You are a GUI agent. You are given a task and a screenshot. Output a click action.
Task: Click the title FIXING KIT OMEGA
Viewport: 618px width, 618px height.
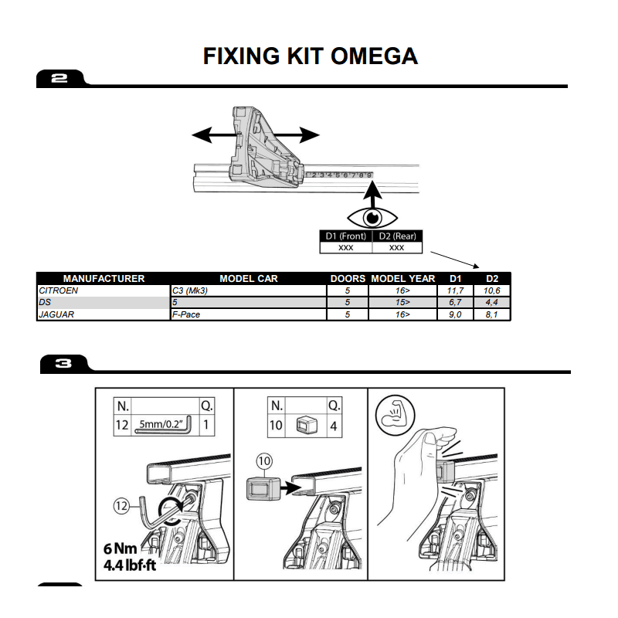pyautogui.click(x=310, y=56)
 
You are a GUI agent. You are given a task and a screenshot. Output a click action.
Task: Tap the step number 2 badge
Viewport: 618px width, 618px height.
pyautogui.click(x=60, y=78)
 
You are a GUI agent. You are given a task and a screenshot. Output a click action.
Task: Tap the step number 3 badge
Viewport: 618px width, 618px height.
pyautogui.click(x=63, y=363)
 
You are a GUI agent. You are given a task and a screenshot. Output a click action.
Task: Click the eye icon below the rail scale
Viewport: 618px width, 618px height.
pyautogui.click(x=371, y=217)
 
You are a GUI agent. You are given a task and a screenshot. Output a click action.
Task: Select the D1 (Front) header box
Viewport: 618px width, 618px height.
pyautogui.click(x=345, y=236)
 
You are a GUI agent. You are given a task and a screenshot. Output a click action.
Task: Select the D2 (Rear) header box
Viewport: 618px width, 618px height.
pyautogui.click(x=397, y=236)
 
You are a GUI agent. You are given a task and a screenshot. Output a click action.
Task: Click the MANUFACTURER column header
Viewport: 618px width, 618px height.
pyautogui.click(x=104, y=279)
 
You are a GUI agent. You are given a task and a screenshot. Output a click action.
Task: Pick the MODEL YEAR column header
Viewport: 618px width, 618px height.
pyautogui.click(x=403, y=279)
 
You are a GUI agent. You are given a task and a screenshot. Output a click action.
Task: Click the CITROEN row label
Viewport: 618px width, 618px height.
pyautogui.click(x=59, y=290)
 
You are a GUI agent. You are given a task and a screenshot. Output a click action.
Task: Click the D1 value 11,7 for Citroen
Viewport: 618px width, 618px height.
pyautogui.click(x=454, y=290)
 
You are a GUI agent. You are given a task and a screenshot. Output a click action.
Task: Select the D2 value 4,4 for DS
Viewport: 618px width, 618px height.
pyautogui.click(x=491, y=303)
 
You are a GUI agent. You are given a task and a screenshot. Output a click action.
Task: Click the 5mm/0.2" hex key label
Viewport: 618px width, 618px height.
pyautogui.click(x=161, y=423)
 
